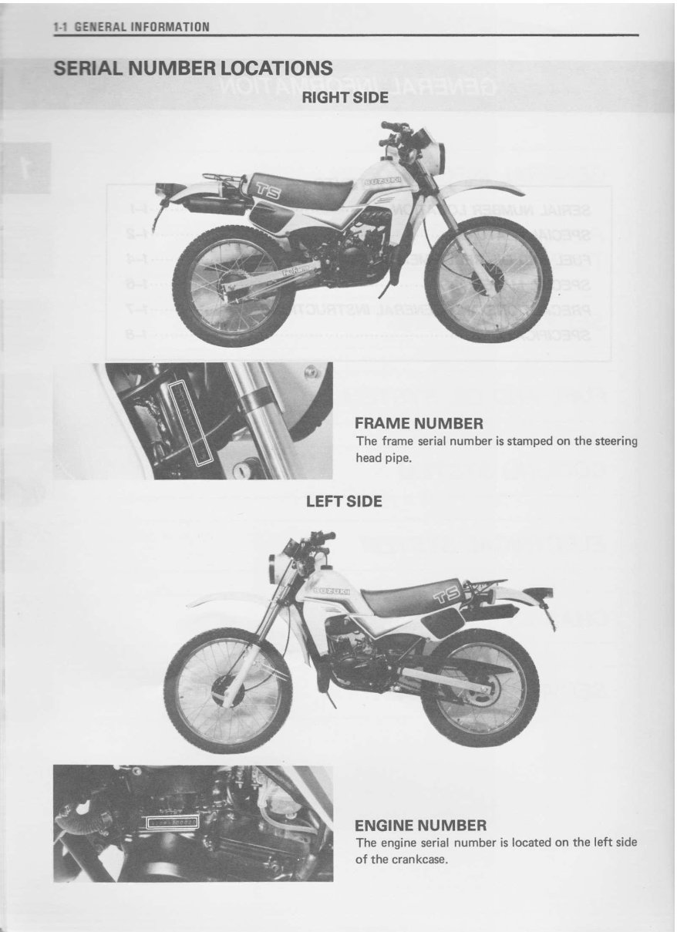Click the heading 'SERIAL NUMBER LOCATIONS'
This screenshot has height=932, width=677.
(x=193, y=69)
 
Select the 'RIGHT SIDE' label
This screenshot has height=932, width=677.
(x=345, y=98)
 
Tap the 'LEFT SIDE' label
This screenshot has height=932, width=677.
(x=344, y=502)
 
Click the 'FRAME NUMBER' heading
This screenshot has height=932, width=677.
(x=419, y=423)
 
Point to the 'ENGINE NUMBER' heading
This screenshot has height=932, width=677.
(x=420, y=826)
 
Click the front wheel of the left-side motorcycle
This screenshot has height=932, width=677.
(x=227, y=690)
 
